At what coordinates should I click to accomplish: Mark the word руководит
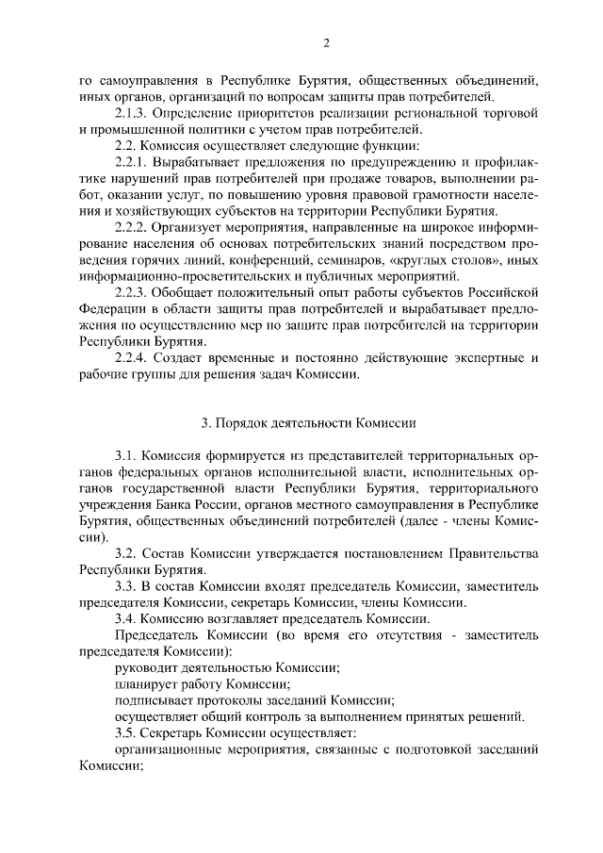click(x=144, y=668)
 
